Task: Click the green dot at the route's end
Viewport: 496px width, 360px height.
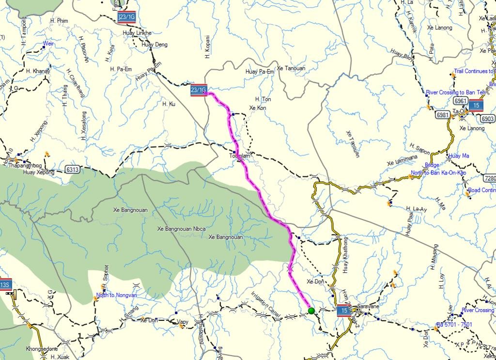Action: coord(311,311)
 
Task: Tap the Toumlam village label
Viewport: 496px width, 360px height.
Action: coord(240,156)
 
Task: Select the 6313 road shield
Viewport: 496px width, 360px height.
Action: coord(72,170)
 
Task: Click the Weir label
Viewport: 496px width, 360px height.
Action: coord(48,44)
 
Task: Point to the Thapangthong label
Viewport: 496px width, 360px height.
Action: coord(26,165)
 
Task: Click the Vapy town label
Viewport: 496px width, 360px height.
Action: coord(183,321)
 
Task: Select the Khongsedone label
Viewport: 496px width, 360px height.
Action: coord(42,348)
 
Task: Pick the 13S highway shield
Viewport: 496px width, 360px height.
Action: coord(5,284)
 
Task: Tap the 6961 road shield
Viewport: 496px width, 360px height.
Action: coord(461,100)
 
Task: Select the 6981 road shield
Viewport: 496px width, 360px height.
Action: coord(442,114)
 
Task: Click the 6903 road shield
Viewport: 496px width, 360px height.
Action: coord(488,119)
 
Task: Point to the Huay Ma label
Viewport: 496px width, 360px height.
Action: coord(459,156)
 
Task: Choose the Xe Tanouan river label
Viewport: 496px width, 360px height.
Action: coord(292,68)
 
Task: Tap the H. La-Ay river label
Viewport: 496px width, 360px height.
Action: coord(416,209)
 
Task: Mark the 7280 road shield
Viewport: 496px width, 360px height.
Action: coord(490,179)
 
